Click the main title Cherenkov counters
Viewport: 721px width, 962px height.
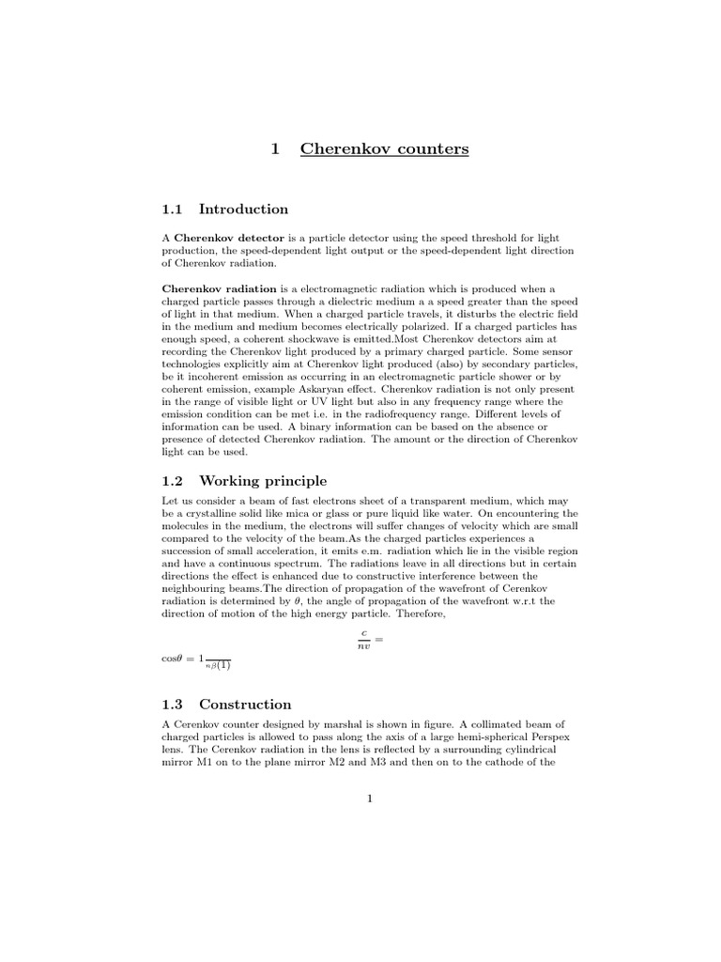click(x=384, y=148)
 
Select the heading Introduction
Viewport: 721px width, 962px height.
click(x=243, y=209)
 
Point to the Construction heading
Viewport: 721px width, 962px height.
click(x=245, y=704)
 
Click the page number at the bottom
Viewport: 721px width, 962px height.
click(x=370, y=799)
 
